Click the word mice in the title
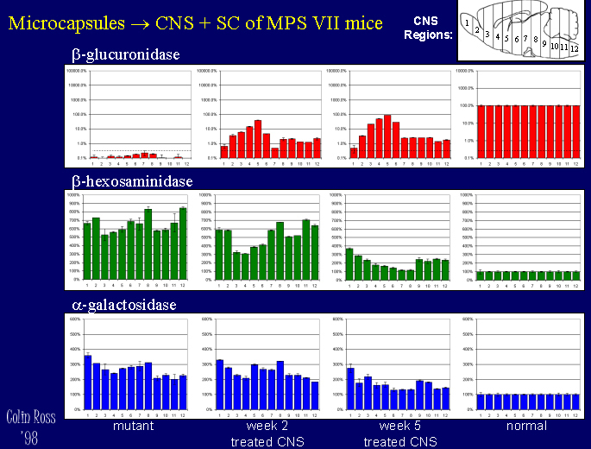coord(361,21)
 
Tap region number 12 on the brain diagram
coord(574,48)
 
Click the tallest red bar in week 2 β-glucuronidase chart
coord(257,139)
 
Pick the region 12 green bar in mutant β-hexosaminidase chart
coord(183,243)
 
